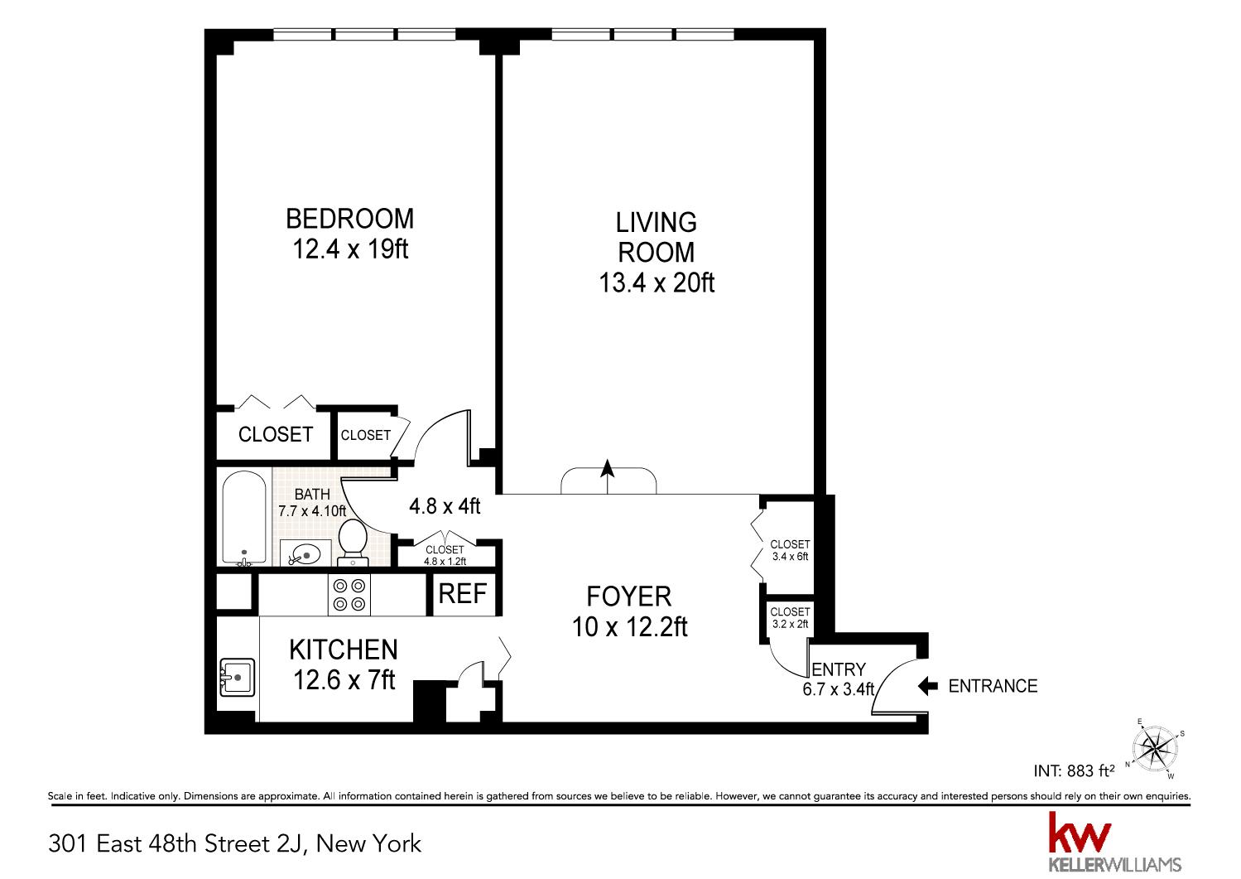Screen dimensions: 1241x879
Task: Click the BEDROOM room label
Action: [349, 219]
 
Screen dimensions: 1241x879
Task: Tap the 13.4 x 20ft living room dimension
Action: [657, 283]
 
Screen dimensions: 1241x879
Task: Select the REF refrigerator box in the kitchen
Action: [462, 594]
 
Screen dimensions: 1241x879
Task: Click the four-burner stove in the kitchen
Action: [349, 595]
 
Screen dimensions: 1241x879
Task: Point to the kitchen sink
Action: [237, 677]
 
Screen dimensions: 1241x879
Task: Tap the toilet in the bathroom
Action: [353, 542]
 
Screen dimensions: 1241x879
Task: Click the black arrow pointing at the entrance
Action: [927, 686]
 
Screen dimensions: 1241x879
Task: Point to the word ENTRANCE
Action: [993, 687]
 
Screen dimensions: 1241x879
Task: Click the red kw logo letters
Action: [1080, 831]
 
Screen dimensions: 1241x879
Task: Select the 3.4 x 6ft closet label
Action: [790, 556]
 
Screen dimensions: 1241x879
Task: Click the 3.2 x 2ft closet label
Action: [790, 624]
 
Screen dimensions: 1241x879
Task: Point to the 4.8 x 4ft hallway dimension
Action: [445, 505]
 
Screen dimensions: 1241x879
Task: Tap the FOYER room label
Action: [629, 596]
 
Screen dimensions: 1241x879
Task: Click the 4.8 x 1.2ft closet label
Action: [445, 561]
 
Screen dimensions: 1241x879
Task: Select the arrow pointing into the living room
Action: [608, 476]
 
